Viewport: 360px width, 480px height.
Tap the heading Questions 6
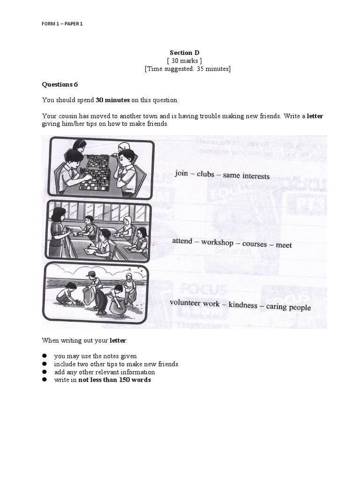click(x=60, y=84)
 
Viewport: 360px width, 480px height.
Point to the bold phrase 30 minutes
click(x=112, y=100)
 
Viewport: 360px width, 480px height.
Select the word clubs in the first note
click(x=205, y=174)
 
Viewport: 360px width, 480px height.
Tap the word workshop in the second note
click(x=217, y=243)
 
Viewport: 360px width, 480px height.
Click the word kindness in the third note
click(x=243, y=305)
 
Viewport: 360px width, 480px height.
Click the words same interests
click(x=246, y=176)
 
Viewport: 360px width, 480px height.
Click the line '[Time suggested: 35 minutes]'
click(x=187, y=69)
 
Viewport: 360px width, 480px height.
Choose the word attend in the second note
click(x=182, y=241)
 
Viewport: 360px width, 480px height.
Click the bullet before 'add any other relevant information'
click(x=45, y=372)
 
